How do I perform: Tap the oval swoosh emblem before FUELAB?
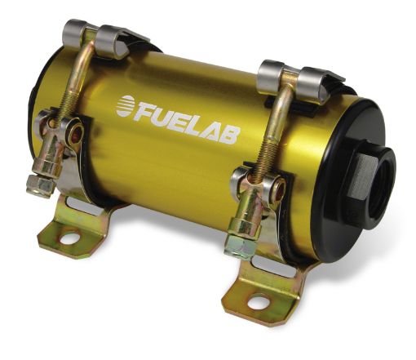coord(126,104)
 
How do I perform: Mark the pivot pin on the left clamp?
coord(76,131)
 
